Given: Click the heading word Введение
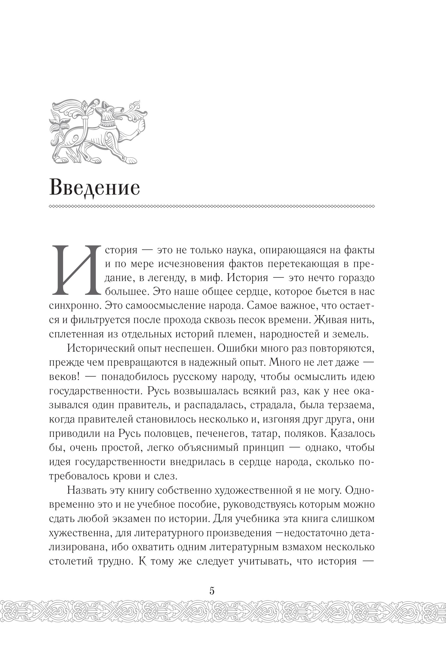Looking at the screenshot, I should click(95, 188).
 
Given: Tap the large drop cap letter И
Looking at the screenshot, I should click(76, 270).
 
